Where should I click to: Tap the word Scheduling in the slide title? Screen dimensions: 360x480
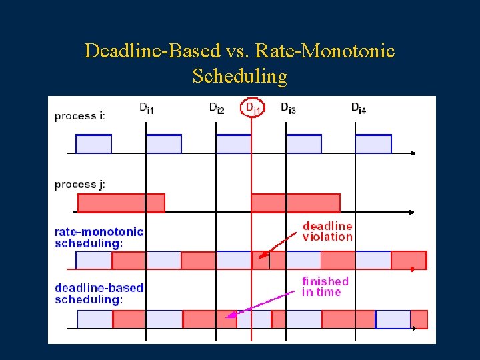coord(239,76)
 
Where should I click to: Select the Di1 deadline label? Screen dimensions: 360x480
coord(146,108)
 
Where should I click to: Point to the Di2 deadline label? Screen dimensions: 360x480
coord(217,108)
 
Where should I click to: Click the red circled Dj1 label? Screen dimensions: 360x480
coord(251,107)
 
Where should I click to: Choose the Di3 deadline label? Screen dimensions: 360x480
coord(288,108)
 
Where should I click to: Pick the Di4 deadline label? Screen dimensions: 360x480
coord(359,108)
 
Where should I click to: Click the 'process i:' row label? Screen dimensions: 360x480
coord(79,116)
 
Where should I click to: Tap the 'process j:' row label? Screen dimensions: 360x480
coord(79,184)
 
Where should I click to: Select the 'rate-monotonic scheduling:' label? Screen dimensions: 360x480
coord(99,237)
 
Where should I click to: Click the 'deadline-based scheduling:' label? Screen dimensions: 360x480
coord(99,293)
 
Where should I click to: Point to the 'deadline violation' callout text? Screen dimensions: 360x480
coord(327,231)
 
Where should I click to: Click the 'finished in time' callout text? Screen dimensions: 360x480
coord(325,287)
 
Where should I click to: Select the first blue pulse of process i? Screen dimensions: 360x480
coord(93,144)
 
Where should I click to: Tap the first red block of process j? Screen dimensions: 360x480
coord(121,203)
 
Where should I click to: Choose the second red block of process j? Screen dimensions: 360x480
coord(295,203)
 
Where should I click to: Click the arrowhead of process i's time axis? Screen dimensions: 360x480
coord(413,153)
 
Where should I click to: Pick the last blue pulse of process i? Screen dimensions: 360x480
coord(373,144)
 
